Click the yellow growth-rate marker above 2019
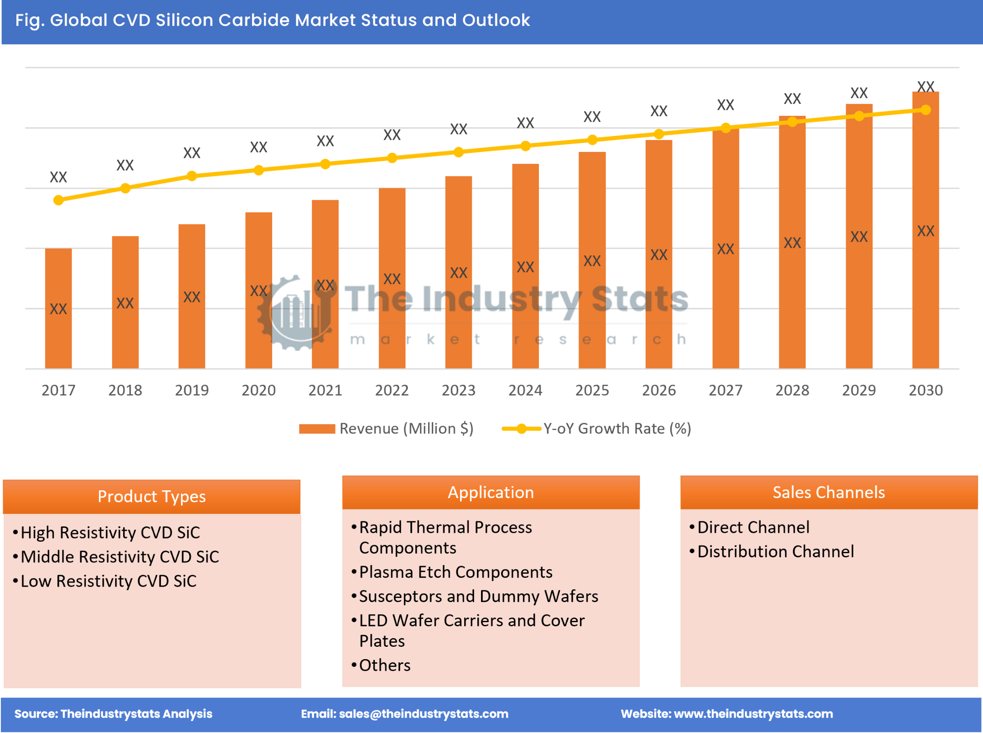click(x=192, y=176)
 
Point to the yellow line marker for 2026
click(x=658, y=134)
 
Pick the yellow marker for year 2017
click(x=58, y=200)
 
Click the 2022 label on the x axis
click(x=392, y=390)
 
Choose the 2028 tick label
click(x=792, y=390)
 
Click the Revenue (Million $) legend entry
click(x=387, y=429)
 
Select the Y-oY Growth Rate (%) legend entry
click(x=597, y=429)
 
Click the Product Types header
click(x=151, y=496)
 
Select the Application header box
click(x=491, y=493)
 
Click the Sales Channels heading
click(x=828, y=493)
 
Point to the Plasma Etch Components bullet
click(x=455, y=572)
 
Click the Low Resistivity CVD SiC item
click(x=109, y=581)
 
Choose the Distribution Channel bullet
click(x=775, y=552)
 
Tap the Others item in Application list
click(x=384, y=665)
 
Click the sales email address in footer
click(x=423, y=714)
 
